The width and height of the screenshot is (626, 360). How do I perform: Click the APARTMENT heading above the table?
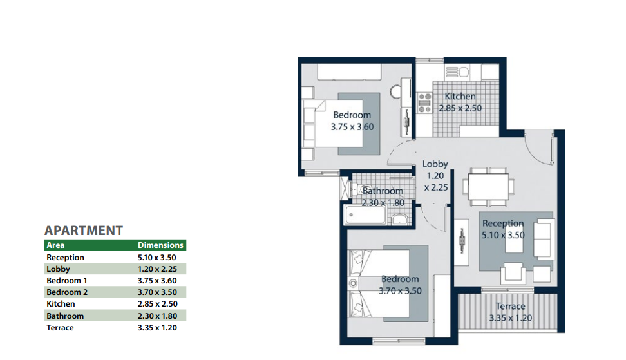click(x=84, y=231)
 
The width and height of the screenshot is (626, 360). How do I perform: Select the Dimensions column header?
click(x=160, y=245)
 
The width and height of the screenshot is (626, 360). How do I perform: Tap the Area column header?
click(x=55, y=245)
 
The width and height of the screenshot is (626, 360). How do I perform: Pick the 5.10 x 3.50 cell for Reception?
click(x=157, y=258)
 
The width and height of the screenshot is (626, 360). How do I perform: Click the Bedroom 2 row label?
click(x=67, y=292)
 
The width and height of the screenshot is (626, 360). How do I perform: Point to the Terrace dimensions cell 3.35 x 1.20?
click(x=157, y=328)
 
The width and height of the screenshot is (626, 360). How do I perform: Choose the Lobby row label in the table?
click(x=59, y=269)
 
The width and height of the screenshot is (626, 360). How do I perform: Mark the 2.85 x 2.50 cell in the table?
click(x=158, y=304)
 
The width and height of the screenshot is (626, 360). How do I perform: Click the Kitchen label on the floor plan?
click(x=460, y=96)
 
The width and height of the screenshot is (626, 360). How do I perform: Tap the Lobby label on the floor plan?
click(x=435, y=164)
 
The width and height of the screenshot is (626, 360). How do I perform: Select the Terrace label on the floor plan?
click(x=511, y=306)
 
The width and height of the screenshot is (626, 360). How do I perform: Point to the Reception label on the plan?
click(x=503, y=223)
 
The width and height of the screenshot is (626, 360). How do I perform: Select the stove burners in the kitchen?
click(x=425, y=103)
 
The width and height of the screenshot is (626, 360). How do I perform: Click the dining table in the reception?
click(x=489, y=186)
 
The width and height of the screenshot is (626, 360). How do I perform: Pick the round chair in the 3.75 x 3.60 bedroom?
click(x=395, y=92)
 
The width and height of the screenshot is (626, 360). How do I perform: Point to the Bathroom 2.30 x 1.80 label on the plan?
click(x=383, y=197)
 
